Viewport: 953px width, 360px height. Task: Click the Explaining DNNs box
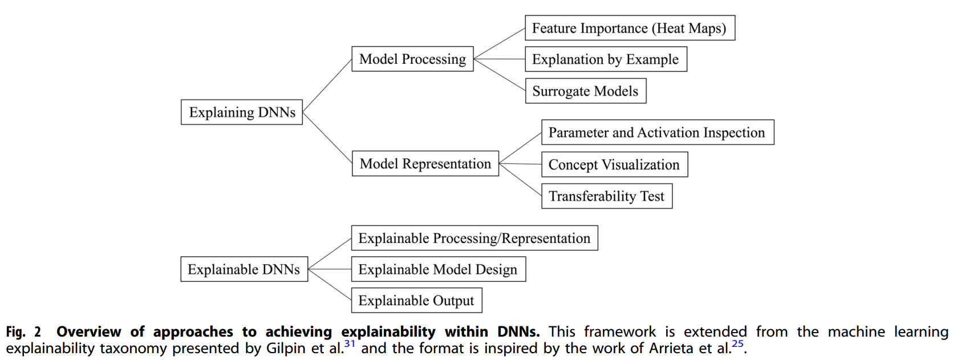point(242,112)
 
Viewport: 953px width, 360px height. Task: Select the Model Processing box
point(412,59)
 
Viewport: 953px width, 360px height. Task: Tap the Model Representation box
point(425,164)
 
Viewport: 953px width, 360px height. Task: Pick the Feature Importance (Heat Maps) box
point(630,28)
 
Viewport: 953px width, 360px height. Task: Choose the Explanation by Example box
point(606,59)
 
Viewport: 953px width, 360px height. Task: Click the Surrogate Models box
point(585,91)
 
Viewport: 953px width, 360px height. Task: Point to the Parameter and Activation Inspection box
point(657,132)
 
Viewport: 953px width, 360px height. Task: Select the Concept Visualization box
point(614,164)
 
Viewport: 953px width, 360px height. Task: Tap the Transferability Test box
point(606,196)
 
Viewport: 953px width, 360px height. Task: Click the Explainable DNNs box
point(244,269)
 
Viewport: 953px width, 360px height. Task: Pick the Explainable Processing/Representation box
point(475,238)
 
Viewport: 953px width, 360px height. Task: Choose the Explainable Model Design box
point(438,269)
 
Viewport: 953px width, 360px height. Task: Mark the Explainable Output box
point(416,301)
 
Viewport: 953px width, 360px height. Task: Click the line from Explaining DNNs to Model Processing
point(327,86)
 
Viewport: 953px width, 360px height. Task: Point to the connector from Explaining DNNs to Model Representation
point(327,137)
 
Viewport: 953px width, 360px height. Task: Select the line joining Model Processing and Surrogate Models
point(499,75)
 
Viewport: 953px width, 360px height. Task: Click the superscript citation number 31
point(350,343)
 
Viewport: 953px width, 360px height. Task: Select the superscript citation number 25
point(737,343)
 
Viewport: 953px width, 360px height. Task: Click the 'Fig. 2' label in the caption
point(23,332)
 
